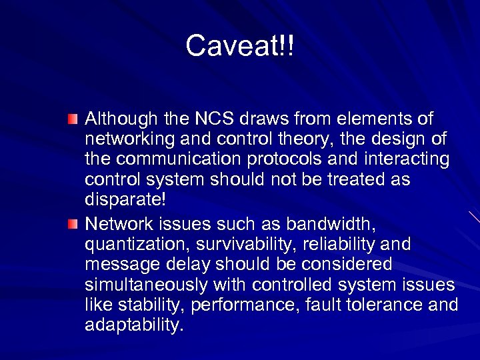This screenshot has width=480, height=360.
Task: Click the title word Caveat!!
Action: [x=239, y=46]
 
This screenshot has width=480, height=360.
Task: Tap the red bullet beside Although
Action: [x=73, y=119]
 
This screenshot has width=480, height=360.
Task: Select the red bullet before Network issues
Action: [x=73, y=222]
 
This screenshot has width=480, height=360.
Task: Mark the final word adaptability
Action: [x=133, y=326]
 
